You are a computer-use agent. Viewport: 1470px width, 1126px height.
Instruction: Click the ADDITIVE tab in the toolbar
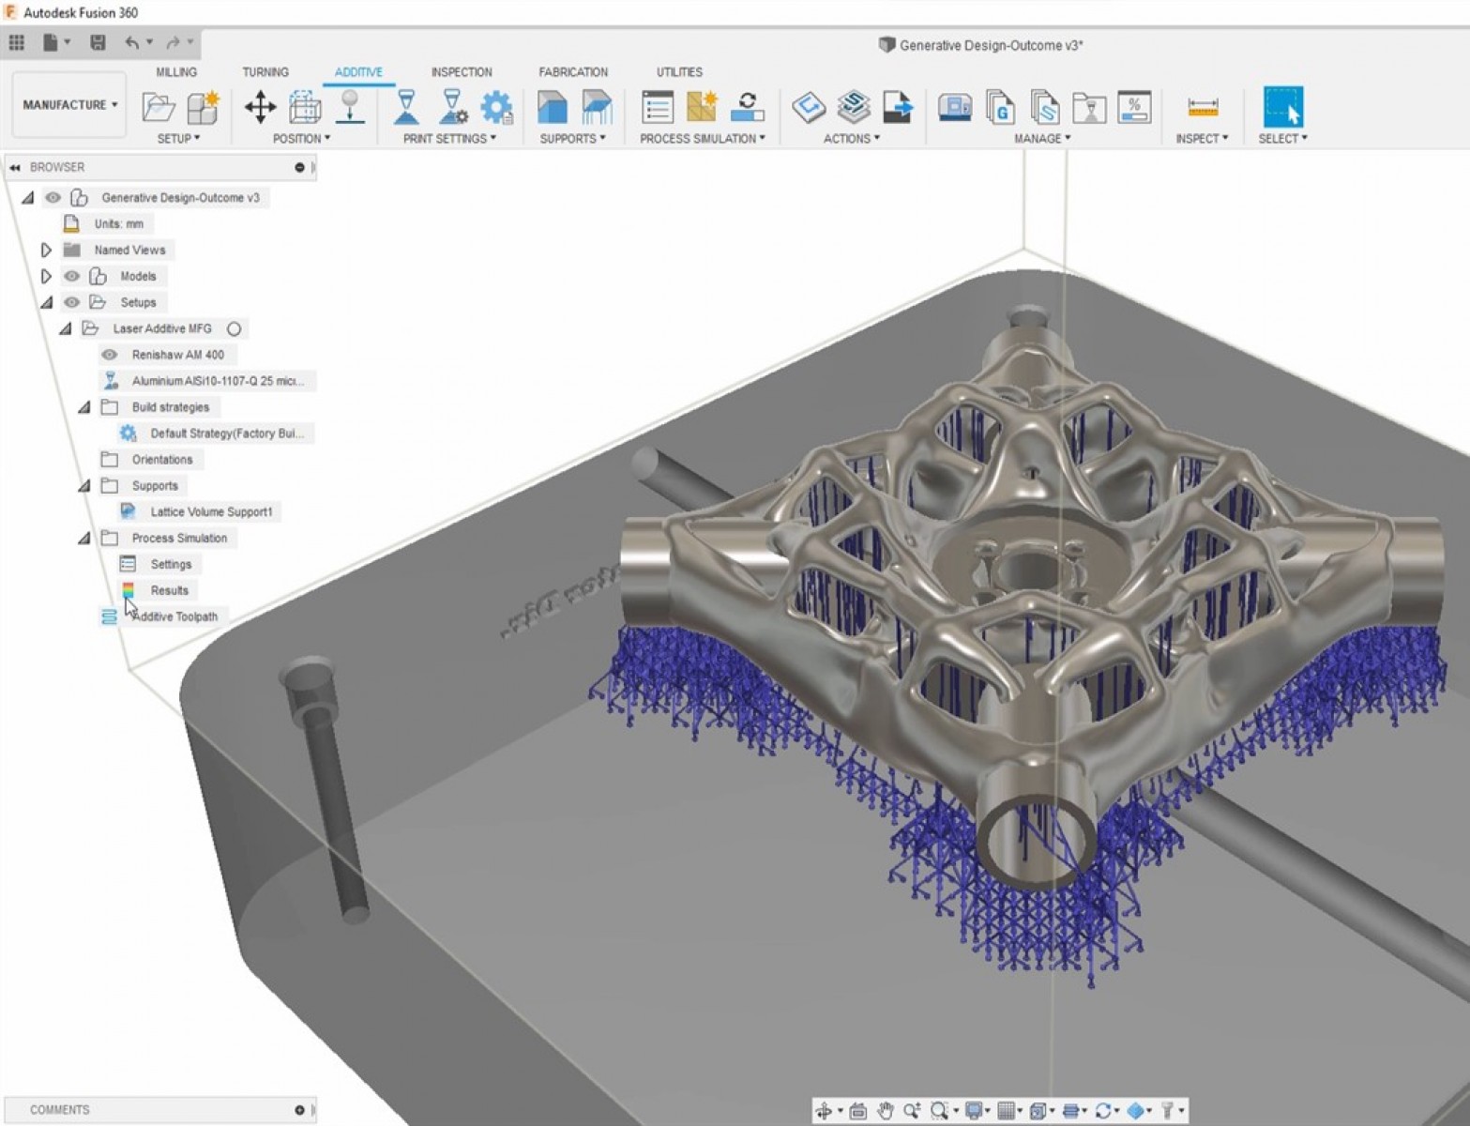(x=358, y=72)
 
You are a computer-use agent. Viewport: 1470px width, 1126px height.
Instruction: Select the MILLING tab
(x=176, y=72)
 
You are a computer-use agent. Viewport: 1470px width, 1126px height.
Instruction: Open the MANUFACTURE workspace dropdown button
(x=69, y=105)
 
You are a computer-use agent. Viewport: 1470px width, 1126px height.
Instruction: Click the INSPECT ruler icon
(x=1202, y=107)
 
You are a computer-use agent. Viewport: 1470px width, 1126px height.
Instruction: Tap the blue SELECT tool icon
(x=1282, y=107)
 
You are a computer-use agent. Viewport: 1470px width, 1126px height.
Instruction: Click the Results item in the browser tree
(x=169, y=590)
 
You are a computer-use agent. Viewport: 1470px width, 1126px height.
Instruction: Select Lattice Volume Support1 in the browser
(x=211, y=511)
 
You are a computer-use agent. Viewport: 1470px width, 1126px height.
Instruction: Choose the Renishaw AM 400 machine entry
(x=177, y=355)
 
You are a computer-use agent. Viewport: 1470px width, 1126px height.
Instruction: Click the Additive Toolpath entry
(x=175, y=616)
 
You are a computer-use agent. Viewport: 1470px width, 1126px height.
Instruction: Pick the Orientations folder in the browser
(x=161, y=460)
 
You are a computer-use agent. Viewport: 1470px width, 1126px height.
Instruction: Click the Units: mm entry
(x=118, y=224)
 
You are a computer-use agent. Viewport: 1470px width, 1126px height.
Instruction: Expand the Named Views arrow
(x=46, y=251)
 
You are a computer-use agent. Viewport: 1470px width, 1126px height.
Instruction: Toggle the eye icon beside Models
(x=71, y=276)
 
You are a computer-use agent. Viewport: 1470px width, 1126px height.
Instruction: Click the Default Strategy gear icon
(x=129, y=434)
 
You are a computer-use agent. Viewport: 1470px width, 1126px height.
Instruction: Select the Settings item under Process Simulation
(x=171, y=564)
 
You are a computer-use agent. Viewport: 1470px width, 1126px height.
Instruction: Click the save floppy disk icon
(x=98, y=42)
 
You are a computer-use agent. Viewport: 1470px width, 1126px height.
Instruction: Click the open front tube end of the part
(x=1036, y=840)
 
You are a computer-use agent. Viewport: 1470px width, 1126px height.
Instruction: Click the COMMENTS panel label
(x=60, y=1110)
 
